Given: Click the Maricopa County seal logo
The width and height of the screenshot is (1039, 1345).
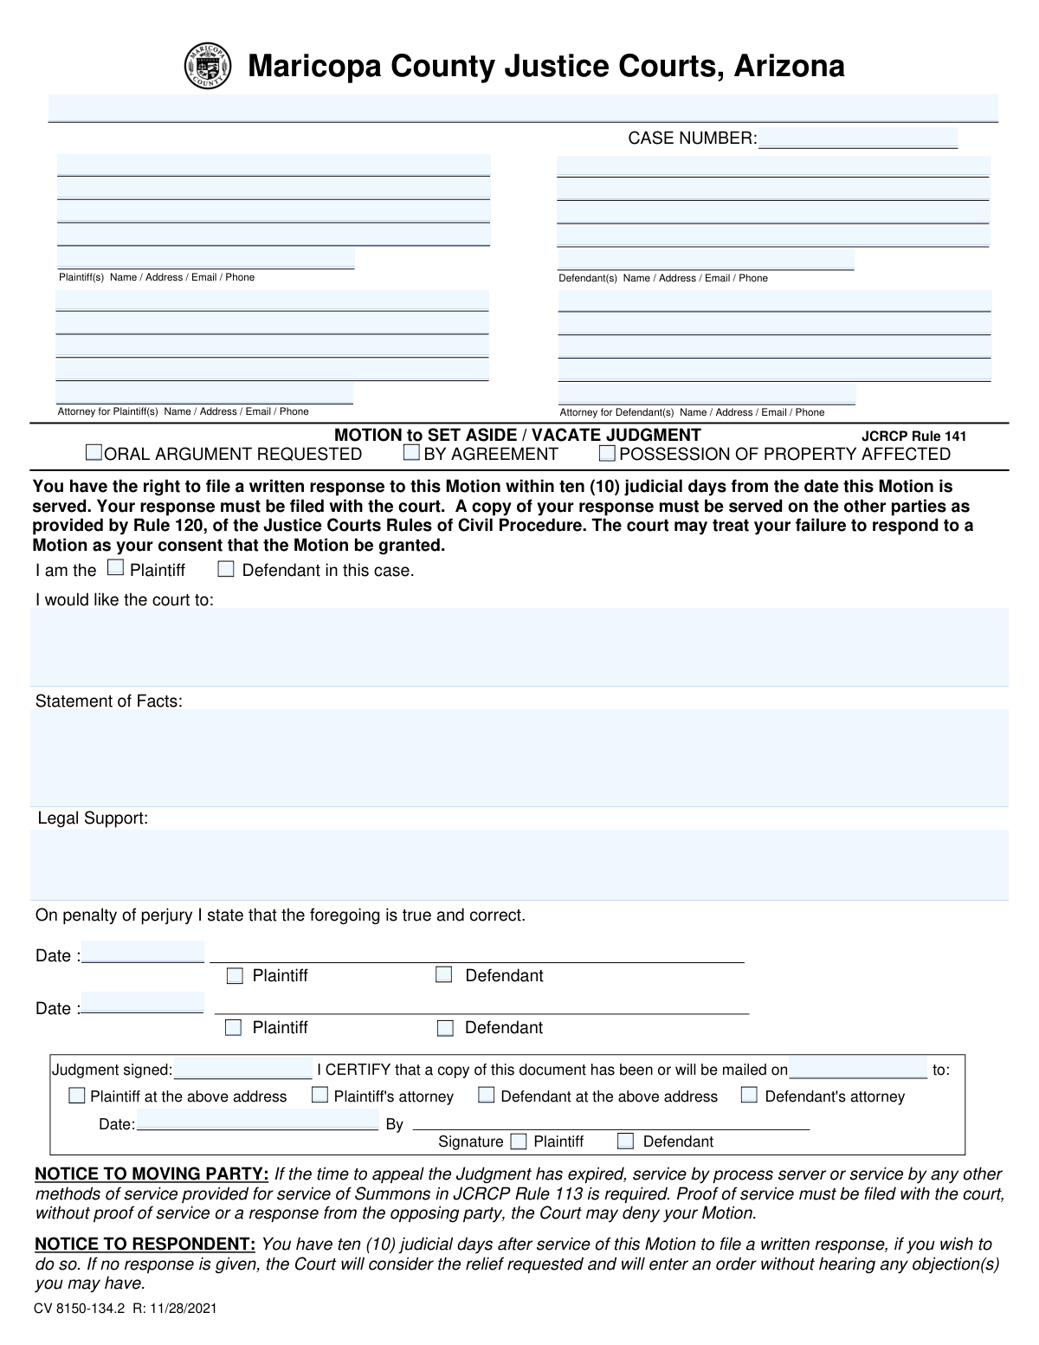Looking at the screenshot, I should pos(208,66).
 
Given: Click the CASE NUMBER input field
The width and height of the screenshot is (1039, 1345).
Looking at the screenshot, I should pos(857,139).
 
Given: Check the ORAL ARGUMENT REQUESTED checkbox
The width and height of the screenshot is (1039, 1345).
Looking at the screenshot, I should pos(94,452).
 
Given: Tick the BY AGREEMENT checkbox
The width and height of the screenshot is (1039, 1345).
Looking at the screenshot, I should pos(412,452).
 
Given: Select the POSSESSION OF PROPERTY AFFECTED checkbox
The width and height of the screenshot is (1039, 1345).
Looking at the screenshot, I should pos(607,452).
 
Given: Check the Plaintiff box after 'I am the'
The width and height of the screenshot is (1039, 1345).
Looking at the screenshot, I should pos(115,568).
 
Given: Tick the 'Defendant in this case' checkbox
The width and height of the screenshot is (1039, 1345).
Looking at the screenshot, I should pos(226,569).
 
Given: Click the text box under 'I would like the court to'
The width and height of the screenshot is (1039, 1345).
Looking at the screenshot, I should pos(519,647).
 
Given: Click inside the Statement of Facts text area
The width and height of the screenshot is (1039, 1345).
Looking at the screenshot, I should pos(519,758).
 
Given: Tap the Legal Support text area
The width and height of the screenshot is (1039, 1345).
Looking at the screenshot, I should pos(519,864).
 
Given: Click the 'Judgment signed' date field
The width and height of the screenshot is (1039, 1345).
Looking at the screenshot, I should pos(242,1069).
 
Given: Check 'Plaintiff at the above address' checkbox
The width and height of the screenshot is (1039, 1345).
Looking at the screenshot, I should pos(77,1096).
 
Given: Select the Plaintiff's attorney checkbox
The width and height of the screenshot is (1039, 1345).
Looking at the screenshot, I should pos(320,1095).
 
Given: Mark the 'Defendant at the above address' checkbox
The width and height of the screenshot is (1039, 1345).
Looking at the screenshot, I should pos(487,1095).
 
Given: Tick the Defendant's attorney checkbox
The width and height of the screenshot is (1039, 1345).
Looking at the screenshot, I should pos(750,1095).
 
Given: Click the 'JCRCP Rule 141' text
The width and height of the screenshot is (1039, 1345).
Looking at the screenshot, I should pos(913,436).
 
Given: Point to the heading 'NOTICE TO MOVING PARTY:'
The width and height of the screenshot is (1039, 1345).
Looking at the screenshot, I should pos(152,1174).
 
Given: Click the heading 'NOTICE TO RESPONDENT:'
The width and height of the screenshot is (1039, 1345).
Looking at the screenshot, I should pos(145,1245).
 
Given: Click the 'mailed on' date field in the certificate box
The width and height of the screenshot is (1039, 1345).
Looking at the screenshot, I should pos(857,1069).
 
